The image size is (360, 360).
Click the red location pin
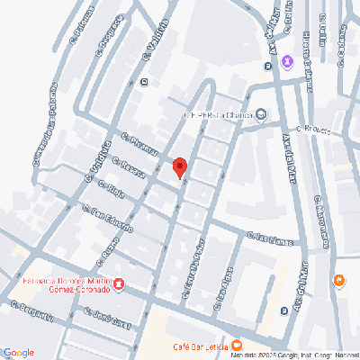[x=179, y=167]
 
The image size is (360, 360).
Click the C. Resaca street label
[x=128, y=167]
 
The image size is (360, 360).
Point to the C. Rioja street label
[x=115, y=189]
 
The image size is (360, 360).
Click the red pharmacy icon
[x=118, y=284]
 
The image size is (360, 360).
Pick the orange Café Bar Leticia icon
[x=237, y=345]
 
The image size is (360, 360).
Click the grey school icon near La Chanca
[x=261, y=113]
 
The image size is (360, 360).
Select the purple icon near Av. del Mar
[x=287, y=61]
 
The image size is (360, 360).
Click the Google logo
[x=19, y=352]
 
